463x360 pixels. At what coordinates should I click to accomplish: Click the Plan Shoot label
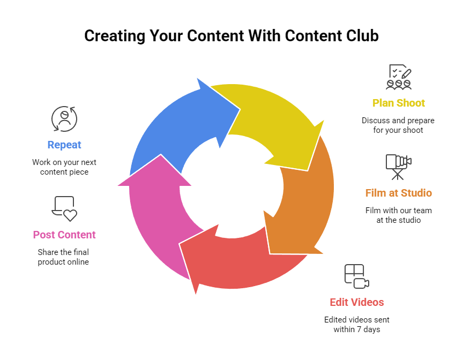coord(399,103)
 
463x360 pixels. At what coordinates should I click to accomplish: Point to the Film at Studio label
coord(398,193)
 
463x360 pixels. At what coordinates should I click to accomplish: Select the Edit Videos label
coord(357,302)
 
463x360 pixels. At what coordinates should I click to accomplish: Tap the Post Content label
coord(64,235)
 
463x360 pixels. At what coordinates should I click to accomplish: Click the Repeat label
coord(64,145)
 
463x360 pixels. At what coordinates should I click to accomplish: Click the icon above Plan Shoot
coord(399,77)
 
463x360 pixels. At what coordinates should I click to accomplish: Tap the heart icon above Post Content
coord(65,208)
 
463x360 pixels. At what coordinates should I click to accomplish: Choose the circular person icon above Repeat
coord(64,118)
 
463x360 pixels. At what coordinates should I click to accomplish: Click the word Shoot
coord(410,103)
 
